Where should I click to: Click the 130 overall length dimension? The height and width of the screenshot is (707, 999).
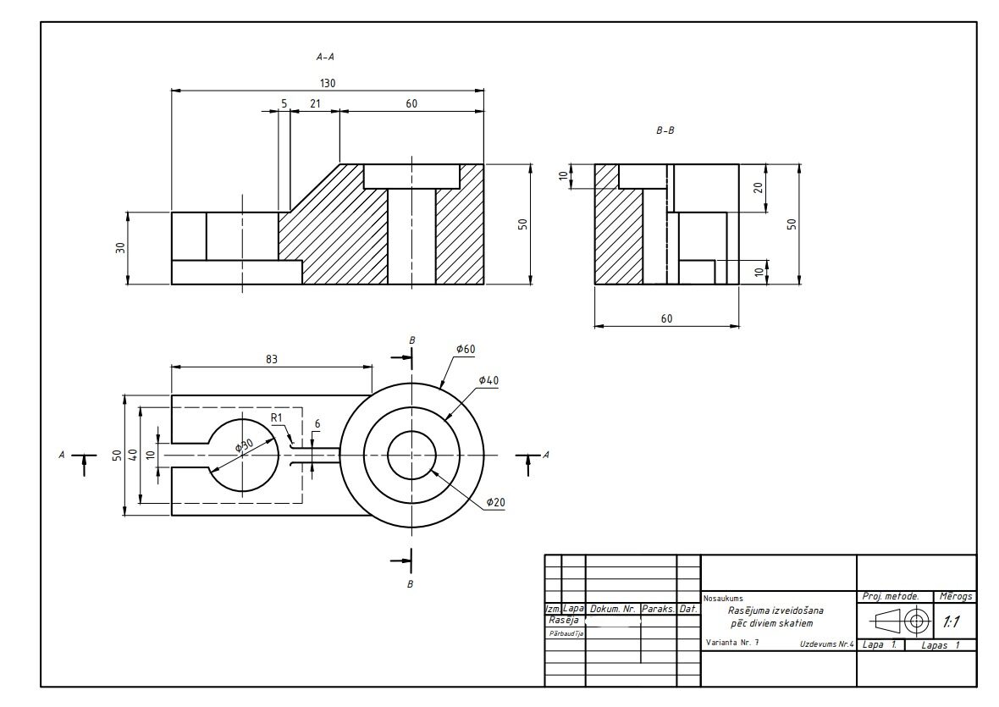click(x=328, y=83)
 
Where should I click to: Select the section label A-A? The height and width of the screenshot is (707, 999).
click(x=325, y=57)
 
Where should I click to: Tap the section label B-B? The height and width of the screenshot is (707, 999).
click(x=665, y=130)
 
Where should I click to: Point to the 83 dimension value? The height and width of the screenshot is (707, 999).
click(x=272, y=359)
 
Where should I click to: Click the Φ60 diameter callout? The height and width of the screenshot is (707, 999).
click(x=466, y=349)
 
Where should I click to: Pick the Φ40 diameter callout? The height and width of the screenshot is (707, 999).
click(x=488, y=381)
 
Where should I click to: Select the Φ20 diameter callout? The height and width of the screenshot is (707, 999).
click(x=495, y=503)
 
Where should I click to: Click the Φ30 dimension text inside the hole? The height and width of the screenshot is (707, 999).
click(x=244, y=445)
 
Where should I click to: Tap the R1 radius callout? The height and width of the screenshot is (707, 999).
click(x=277, y=417)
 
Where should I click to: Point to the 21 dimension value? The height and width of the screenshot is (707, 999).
click(x=315, y=103)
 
